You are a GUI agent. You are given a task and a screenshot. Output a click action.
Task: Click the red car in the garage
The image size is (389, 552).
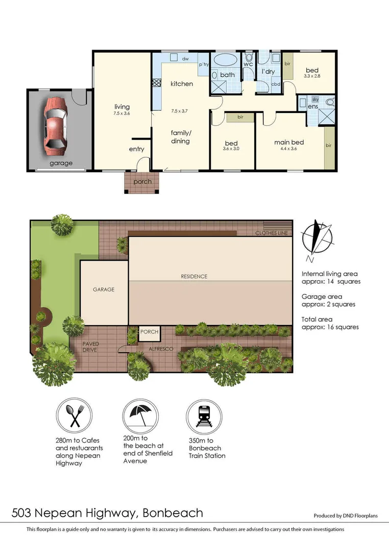tap(55, 126)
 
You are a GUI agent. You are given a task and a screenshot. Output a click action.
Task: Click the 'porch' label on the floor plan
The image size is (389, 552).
tap(142, 182)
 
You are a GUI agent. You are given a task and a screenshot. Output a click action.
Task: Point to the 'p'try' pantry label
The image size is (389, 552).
tap(204, 64)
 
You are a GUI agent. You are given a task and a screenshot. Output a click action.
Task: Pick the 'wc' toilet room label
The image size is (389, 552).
tap(248, 64)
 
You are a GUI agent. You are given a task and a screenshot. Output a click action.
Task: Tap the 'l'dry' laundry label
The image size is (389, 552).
tap(269, 72)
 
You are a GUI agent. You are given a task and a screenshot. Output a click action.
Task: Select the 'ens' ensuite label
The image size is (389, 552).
tap(312, 106)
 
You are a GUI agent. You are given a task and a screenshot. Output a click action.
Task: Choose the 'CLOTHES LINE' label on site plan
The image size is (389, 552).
tap(272, 234)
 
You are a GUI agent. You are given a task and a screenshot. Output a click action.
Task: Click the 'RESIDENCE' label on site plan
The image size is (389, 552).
tap(194, 277)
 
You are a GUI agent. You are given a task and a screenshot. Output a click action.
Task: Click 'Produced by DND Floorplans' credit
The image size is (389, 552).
tap(346, 516)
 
